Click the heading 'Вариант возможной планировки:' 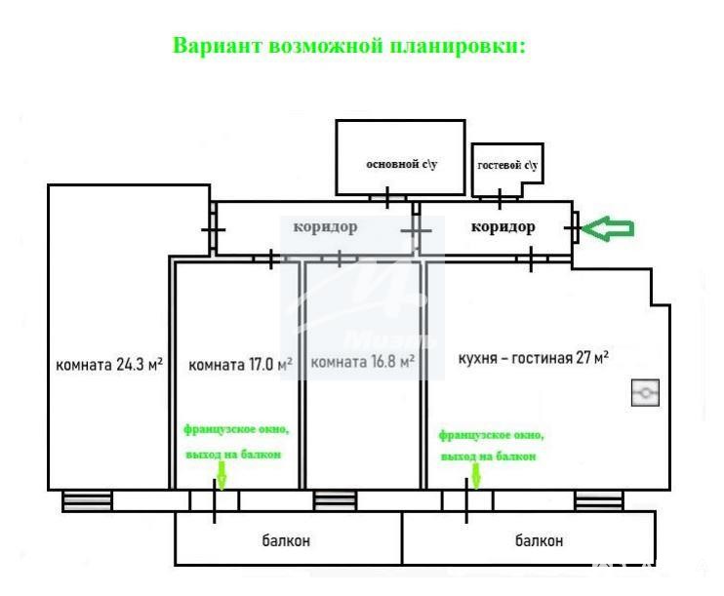pyautogui.click(x=349, y=46)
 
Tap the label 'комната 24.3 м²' pyautogui.click(x=109, y=365)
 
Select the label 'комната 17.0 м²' pyautogui.click(x=241, y=365)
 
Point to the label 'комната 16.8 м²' pyautogui.click(x=362, y=361)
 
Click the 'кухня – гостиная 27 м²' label pyautogui.click(x=534, y=358)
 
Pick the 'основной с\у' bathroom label pyautogui.click(x=401, y=164)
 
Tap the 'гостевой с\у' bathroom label pyautogui.click(x=507, y=165)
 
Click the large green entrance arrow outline pyautogui.click(x=608, y=228)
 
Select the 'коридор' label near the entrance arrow pyautogui.click(x=503, y=226)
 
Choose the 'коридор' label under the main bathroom pyautogui.click(x=326, y=226)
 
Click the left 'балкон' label pyautogui.click(x=286, y=540)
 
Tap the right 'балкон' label pyautogui.click(x=539, y=540)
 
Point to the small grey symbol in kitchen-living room pyautogui.click(x=645, y=393)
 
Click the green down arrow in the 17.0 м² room pyautogui.click(x=221, y=475)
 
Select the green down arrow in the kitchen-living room pyautogui.click(x=476, y=476)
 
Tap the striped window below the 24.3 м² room pyautogui.click(x=87, y=501)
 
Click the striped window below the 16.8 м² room pyautogui.click(x=335, y=501)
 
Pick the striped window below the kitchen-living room pyautogui.click(x=599, y=501)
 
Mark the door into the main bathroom pyautogui.click(x=387, y=198)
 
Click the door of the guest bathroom pyautogui.click(x=500, y=199)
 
